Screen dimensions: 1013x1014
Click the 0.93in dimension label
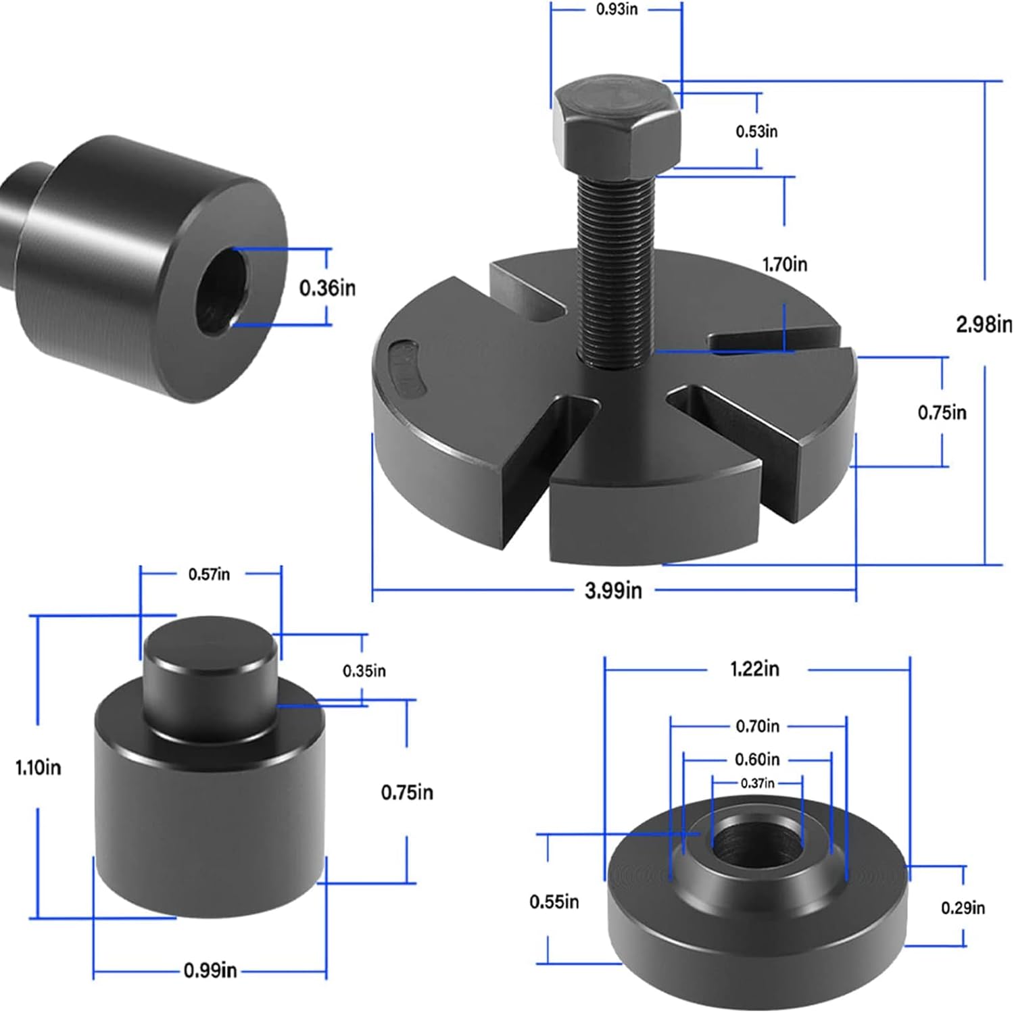[x=616, y=10]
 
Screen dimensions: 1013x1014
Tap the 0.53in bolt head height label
[x=756, y=131]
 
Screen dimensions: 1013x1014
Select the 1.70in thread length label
[x=784, y=264]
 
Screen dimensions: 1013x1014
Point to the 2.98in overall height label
[x=984, y=324]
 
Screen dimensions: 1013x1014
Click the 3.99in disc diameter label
[x=613, y=591]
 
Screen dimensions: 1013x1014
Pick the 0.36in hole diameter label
[x=327, y=288]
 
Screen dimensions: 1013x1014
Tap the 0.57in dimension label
[x=209, y=574]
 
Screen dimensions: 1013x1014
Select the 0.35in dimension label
[x=364, y=671]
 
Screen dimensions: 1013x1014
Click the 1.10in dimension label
[x=39, y=768]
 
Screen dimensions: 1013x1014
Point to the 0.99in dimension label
[x=210, y=971]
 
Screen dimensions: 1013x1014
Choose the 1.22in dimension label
[x=754, y=669]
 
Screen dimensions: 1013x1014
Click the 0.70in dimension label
[x=757, y=726]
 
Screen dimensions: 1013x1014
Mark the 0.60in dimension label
[x=757, y=760]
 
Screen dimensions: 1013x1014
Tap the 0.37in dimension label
[x=757, y=783]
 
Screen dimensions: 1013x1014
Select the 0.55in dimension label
[x=554, y=901]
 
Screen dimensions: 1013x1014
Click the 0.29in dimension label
[x=963, y=908]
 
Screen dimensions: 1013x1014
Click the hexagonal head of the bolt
[x=616, y=128]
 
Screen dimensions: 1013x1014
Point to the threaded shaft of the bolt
[x=613, y=270]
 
